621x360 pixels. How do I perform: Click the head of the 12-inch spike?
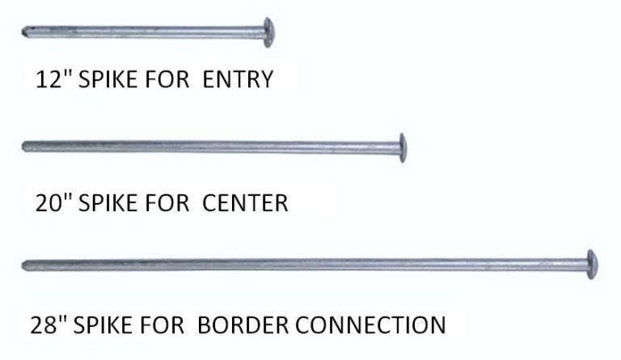click(x=268, y=32)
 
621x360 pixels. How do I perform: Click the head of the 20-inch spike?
click(x=403, y=148)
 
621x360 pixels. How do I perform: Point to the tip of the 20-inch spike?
click(x=23, y=146)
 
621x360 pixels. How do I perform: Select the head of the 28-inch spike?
click(x=592, y=265)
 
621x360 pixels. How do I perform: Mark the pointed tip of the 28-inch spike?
click(x=23, y=265)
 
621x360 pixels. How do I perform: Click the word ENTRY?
click(x=238, y=79)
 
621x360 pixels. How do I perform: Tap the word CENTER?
click(x=245, y=203)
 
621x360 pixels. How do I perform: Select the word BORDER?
click(x=243, y=325)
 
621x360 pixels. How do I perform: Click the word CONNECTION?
click(x=370, y=325)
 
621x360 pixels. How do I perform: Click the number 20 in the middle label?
click(x=49, y=203)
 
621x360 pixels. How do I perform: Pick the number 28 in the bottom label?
click(x=44, y=325)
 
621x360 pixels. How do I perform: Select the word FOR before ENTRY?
click(x=167, y=79)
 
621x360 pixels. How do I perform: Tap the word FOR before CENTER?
click(x=167, y=203)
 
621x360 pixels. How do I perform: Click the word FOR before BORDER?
click(x=162, y=325)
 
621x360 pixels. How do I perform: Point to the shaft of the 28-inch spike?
click(x=305, y=265)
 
